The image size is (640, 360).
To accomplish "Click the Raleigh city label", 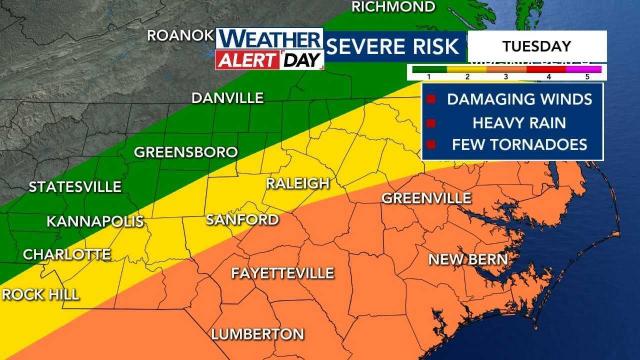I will pos(297,184).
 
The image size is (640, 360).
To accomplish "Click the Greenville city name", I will pos(426,198).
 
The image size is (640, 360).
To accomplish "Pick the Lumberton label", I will pos(257,333).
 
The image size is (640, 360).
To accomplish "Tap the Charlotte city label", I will pos(66,254).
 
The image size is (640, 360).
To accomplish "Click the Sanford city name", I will pos(241,219).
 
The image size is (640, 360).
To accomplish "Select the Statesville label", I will pos(75,187).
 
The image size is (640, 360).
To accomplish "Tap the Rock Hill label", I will pos(39,294).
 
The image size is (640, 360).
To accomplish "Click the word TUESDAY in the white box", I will pos(536,46).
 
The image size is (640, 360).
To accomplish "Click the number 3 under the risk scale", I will pos(505,77).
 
